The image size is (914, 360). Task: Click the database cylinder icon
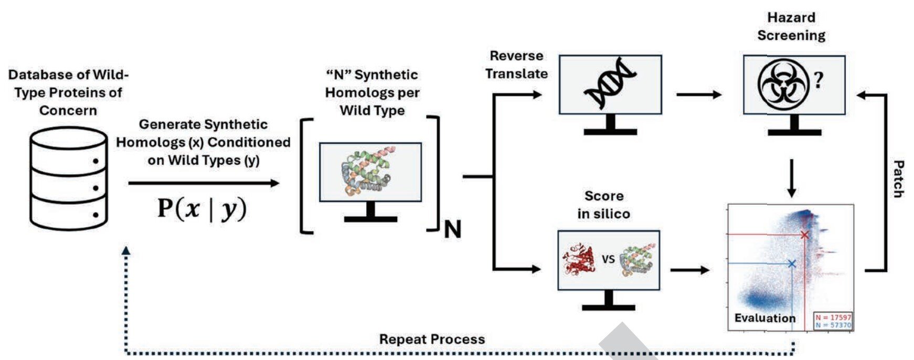click(69, 178)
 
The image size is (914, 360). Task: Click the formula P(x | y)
click(201, 208)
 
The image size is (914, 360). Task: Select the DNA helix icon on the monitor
click(610, 83)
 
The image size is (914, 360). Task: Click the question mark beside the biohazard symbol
click(819, 80)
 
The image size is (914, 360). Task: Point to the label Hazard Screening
click(791, 27)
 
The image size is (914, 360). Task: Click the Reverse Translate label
click(516, 65)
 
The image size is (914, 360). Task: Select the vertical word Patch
click(898, 179)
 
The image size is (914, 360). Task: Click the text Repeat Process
click(432, 340)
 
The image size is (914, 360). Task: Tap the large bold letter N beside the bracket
click(452, 229)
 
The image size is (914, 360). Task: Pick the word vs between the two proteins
click(608, 259)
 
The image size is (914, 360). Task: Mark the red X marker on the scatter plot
click(804, 235)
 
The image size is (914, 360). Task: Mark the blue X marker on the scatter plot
click(792, 263)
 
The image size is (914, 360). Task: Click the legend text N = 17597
click(833, 317)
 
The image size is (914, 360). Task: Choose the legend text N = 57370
click(833, 325)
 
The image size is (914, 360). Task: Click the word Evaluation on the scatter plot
click(764, 318)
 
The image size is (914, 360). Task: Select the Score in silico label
click(604, 205)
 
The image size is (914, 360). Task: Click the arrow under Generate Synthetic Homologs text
click(204, 183)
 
